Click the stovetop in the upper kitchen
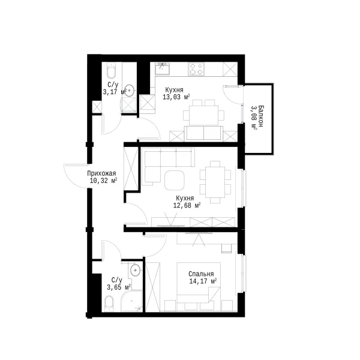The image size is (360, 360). pyautogui.click(x=196, y=69)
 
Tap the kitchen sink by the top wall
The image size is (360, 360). pyautogui.click(x=163, y=69)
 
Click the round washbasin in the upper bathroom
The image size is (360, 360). pyautogui.click(x=130, y=90)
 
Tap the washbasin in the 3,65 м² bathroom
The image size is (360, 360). pyautogui.click(x=136, y=270)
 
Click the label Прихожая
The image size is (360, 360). pyautogui.click(x=101, y=173)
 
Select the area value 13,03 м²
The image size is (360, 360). pyautogui.click(x=176, y=97)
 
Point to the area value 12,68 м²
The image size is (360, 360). pyautogui.click(x=187, y=205)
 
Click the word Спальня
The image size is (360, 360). pyautogui.click(x=201, y=274)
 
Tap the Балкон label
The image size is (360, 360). pyautogui.click(x=260, y=116)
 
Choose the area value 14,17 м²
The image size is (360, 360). pyautogui.click(x=203, y=281)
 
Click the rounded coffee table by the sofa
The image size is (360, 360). pyautogui.click(x=175, y=180)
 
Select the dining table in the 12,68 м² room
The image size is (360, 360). pyautogui.click(x=215, y=182)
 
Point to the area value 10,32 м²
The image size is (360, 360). pyautogui.click(x=104, y=181)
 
